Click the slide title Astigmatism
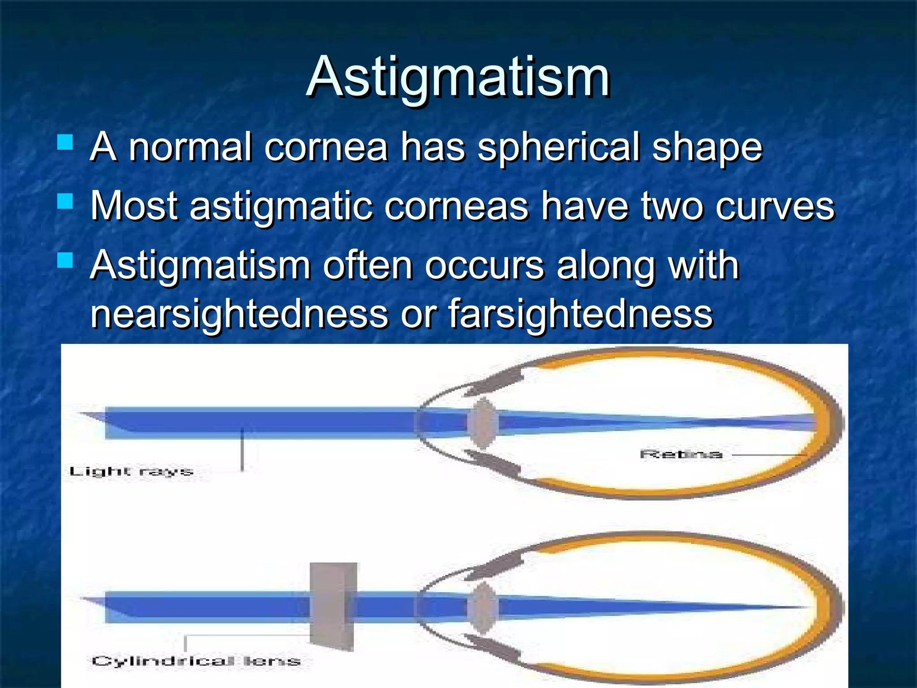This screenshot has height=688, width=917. pyautogui.click(x=458, y=77)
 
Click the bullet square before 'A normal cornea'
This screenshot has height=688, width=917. pyautogui.click(x=65, y=142)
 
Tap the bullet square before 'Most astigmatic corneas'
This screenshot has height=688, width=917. pyautogui.click(x=65, y=201)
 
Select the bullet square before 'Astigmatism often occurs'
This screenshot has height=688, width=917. pyautogui.click(x=65, y=260)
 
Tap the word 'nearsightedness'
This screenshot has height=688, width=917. pyautogui.click(x=239, y=314)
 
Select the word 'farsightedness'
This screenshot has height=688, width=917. pyautogui.click(x=580, y=314)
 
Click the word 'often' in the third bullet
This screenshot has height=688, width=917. pyautogui.click(x=367, y=265)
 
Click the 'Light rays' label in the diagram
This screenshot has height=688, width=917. pyautogui.click(x=131, y=471)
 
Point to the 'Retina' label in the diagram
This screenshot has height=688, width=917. pyautogui.click(x=681, y=454)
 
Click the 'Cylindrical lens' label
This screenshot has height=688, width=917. pyautogui.click(x=196, y=661)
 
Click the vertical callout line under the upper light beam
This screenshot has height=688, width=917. pyautogui.click(x=242, y=450)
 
